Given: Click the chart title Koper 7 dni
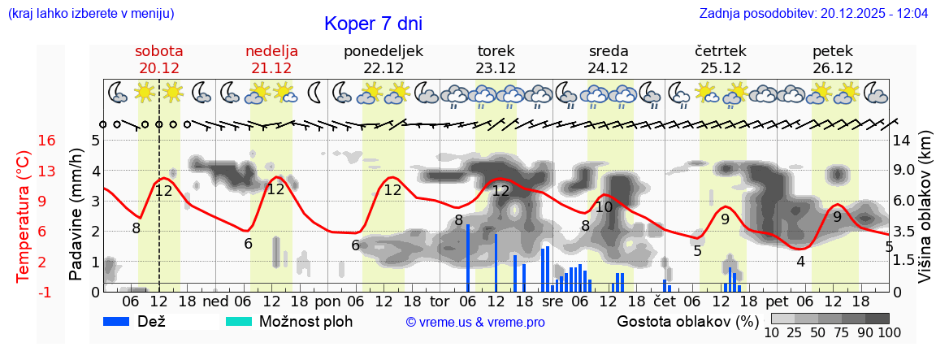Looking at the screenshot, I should (373, 24).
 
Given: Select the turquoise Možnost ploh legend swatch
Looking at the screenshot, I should (239, 321).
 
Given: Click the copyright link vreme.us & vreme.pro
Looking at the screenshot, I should (474, 322).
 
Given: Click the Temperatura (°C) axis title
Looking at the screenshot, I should (24, 216).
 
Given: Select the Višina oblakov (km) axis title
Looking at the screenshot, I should (925, 216).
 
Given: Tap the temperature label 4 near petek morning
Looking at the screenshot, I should (800, 261).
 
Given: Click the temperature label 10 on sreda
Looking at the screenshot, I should (604, 207).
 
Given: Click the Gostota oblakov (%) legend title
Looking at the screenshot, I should (687, 321).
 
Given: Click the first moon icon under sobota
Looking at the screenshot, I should (118, 92).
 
